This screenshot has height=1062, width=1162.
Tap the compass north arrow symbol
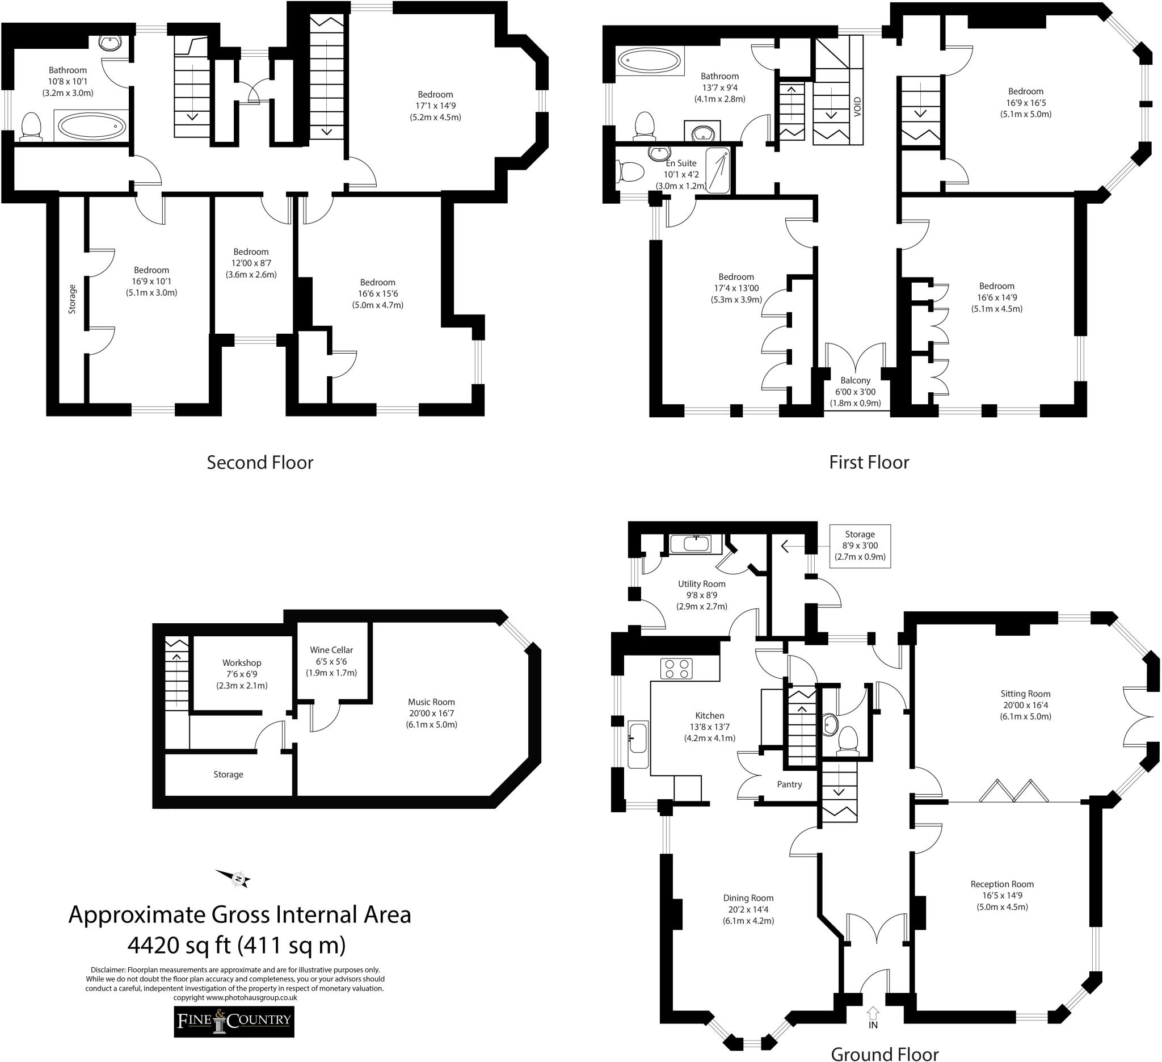pyautogui.click(x=233, y=878)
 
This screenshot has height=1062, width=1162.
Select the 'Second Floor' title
pyautogui.click(x=260, y=463)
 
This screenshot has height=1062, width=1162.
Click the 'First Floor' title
pyautogui.click(x=869, y=463)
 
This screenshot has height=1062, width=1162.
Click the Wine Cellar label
pyautogui.click(x=331, y=650)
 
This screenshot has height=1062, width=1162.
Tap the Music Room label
pyautogui.click(x=431, y=702)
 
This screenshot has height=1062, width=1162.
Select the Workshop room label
pyautogui.click(x=242, y=663)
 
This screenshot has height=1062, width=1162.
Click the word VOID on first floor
pyautogui.click(x=858, y=107)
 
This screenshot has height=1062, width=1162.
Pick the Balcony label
pyautogui.click(x=855, y=380)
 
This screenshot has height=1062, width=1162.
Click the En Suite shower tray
pyautogui.click(x=718, y=170)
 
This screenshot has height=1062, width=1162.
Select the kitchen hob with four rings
pyautogui.click(x=677, y=669)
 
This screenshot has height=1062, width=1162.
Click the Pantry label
pyautogui.click(x=789, y=784)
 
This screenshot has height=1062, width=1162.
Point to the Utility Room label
pyautogui.click(x=701, y=584)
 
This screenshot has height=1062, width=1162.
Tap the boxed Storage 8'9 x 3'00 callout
pyautogui.click(x=860, y=545)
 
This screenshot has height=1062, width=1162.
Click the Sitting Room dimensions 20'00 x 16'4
pyautogui.click(x=1025, y=705)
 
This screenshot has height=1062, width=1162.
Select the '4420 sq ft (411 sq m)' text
pyautogui.click(x=237, y=946)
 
